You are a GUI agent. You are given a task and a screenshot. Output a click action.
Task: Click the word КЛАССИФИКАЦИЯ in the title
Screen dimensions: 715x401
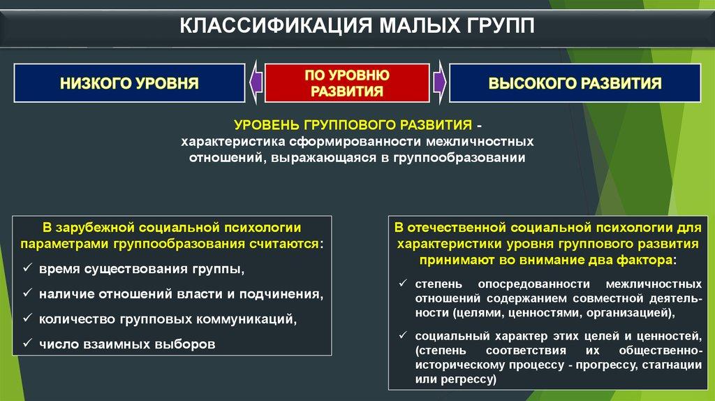[x=276, y=26]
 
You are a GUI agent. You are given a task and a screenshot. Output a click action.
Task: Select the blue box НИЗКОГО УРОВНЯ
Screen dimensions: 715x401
[x=129, y=83]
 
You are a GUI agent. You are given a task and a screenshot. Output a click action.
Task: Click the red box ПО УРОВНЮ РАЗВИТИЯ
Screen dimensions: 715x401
[x=347, y=83]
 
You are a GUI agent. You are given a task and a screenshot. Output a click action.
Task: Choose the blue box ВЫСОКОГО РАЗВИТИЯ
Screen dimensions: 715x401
[x=575, y=83]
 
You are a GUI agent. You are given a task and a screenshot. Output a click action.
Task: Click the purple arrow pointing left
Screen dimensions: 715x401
[x=256, y=82]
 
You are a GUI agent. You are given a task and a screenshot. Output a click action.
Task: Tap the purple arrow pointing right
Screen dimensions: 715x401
[x=439, y=82]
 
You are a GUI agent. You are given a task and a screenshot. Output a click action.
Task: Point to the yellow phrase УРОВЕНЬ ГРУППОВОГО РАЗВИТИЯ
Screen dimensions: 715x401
[x=353, y=124]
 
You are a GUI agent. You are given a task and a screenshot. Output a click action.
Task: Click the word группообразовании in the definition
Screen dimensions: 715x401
[x=459, y=158]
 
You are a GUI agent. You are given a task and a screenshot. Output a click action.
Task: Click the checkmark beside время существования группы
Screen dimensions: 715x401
[x=28, y=268]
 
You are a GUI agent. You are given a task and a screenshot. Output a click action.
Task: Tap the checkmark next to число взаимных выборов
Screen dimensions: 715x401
[x=28, y=342]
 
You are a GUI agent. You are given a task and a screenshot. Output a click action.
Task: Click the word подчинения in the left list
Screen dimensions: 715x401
[x=281, y=294]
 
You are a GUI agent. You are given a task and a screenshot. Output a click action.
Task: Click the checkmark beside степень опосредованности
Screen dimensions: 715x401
[x=403, y=284]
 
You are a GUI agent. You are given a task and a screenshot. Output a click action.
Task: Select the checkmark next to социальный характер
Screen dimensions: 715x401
[x=403, y=335]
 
